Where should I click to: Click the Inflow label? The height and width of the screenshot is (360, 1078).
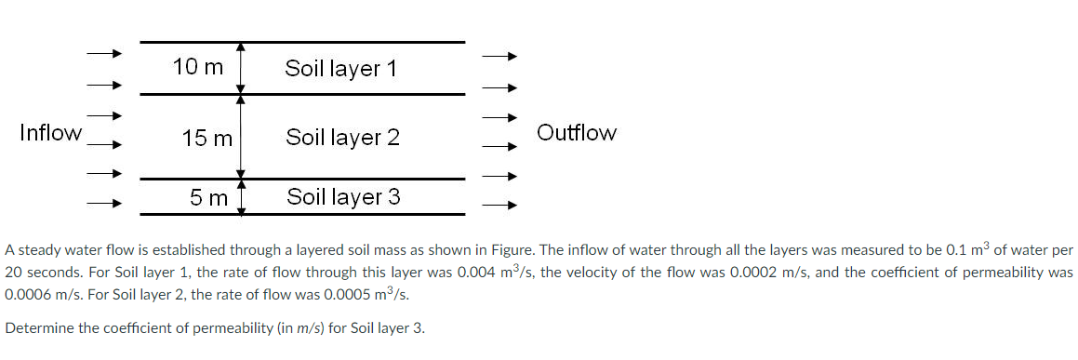click(x=50, y=133)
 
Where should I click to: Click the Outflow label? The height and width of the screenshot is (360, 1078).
click(x=577, y=133)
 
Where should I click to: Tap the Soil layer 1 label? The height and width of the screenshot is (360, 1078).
click(x=341, y=68)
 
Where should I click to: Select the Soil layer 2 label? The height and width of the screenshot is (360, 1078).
click(x=342, y=138)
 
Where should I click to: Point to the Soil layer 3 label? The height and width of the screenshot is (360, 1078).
click(x=343, y=197)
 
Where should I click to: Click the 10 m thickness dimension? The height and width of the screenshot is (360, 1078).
click(x=198, y=67)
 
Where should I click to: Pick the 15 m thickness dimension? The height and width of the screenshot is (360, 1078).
click(x=207, y=139)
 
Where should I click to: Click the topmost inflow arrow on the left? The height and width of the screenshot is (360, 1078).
click(x=104, y=54)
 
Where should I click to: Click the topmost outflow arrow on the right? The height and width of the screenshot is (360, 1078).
click(x=498, y=56)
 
